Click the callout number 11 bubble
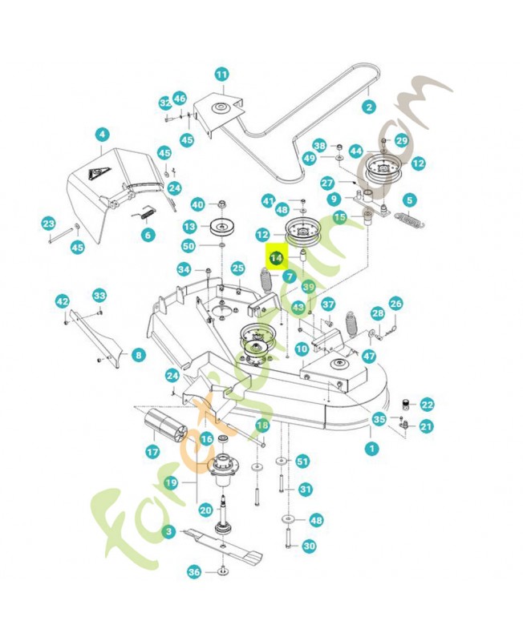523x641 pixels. pos(221,75)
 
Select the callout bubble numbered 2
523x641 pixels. pos(369,107)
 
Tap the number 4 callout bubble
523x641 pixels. pos(102,135)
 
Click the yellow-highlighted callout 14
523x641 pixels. pos(276,258)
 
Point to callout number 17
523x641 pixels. pos(152,453)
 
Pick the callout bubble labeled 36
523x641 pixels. pos(193,572)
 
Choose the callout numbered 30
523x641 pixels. pos(310,546)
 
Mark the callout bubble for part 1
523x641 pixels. pos(371,449)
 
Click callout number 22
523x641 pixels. pos(427,405)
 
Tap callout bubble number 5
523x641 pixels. pos(409,200)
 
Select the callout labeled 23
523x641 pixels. pos(48,224)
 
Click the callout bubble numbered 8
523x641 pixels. pos(139,355)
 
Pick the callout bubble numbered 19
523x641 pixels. pos(171,483)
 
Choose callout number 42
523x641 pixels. pos(62,300)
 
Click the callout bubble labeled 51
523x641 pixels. pos(302,461)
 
